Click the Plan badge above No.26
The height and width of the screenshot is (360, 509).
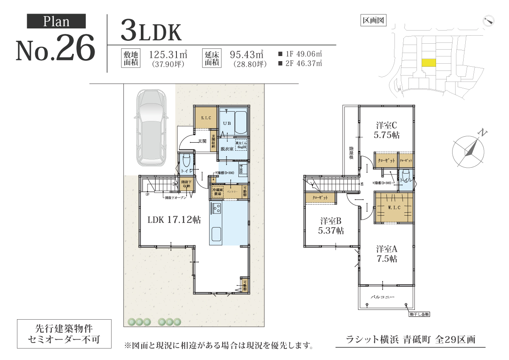[56, 21]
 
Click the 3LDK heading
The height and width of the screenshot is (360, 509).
[151, 31]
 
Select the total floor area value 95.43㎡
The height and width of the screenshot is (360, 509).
[246, 55]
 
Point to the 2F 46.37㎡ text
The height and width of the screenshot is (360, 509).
[300, 64]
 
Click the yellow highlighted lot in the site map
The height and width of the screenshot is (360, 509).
[429, 63]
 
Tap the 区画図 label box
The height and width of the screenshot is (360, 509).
[373, 20]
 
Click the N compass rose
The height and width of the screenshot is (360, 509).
[468, 150]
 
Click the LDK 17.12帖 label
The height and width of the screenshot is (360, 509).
[174, 220]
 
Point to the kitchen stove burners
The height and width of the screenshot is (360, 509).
[215, 208]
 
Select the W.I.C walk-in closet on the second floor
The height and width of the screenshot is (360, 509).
[393, 208]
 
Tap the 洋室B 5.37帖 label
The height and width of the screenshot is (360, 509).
[331, 226]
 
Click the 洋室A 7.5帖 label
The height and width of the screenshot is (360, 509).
[386, 253]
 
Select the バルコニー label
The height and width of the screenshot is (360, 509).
[383, 297]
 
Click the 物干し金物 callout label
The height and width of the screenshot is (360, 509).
[420, 314]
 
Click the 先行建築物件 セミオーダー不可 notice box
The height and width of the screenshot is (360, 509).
[64, 334]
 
